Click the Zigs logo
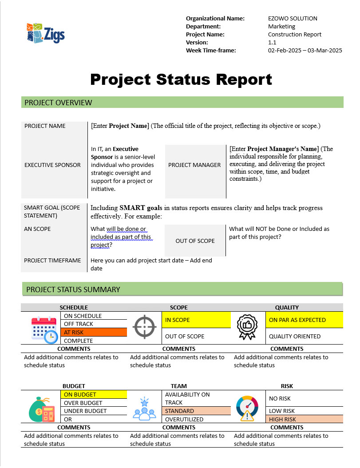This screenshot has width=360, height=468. [45, 33]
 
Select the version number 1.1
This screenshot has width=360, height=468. [272, 42]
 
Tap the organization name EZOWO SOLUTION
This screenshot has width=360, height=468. [293, 18]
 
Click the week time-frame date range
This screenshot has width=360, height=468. [305, 50]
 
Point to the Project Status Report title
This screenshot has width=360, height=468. [181, 79]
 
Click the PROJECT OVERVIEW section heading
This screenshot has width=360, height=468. [59, 103]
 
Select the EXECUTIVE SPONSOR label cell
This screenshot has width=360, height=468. [52, 165]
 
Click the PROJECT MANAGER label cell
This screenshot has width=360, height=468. [194, 165]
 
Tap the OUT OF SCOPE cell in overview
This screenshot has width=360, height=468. [195, 241]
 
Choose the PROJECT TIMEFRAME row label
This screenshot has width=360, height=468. [50, 261]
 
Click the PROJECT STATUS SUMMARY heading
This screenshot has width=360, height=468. [73, 290]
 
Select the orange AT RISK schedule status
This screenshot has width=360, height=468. [94, 332]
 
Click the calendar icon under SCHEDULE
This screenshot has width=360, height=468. [44, 329]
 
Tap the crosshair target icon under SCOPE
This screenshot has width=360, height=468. [145, 328]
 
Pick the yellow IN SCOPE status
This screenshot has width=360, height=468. [196, 320]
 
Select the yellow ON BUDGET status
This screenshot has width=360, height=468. [93, 394]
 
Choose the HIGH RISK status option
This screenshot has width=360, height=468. [304, 419]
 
